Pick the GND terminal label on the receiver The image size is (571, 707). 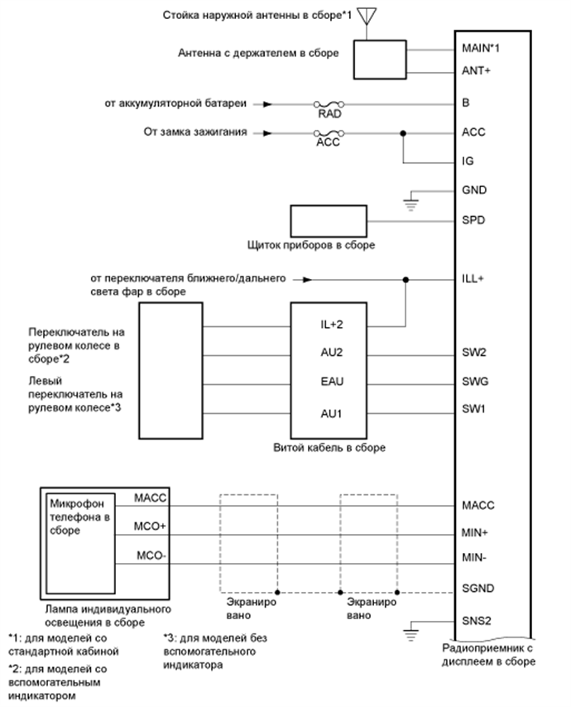[474, 190]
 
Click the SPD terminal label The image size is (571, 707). [473, 221]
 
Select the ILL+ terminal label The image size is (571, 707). [473, 279]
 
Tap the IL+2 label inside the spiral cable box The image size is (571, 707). [331, 325]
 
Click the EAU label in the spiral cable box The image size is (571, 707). [331, 382]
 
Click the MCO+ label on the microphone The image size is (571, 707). [150, 527]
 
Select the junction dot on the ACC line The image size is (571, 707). [404, 133]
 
